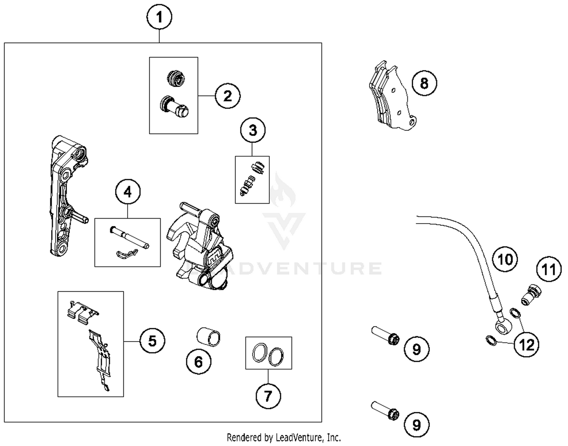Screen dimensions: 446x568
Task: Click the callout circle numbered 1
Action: coord(159,17)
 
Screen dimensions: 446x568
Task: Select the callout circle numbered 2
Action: coord(228,96)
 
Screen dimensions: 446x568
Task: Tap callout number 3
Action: coord(253,130)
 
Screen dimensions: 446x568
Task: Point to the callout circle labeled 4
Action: coord(128,192)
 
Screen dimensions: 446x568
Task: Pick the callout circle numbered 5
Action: coord(152,341)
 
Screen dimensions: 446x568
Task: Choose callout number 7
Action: coord(268,396)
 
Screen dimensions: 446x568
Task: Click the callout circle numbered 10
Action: coord(505,260)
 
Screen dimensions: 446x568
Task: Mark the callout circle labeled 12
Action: coord(527,345)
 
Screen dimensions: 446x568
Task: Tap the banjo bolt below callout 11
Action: coord(531,295)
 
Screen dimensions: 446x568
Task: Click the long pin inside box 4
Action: coord(129,237)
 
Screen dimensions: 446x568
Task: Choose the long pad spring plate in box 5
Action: coord(100,359)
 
